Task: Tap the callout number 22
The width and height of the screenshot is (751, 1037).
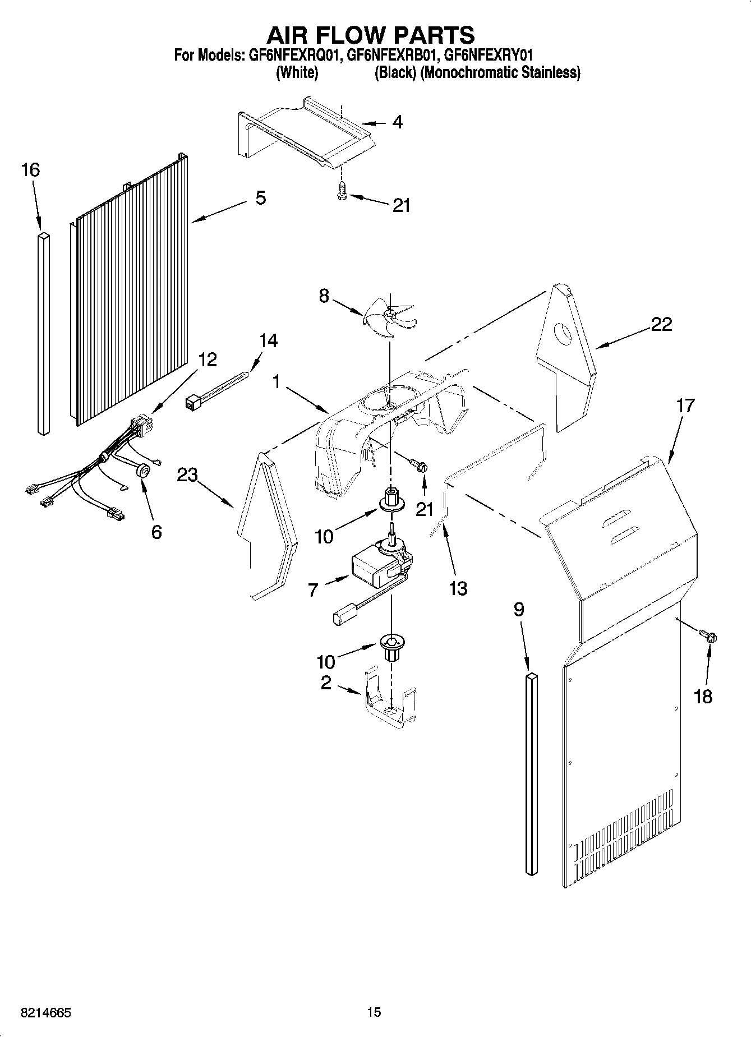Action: coord(661,324)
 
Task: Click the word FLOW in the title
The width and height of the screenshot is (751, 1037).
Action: coord(370,35)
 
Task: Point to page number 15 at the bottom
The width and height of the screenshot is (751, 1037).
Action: coord(374,1012)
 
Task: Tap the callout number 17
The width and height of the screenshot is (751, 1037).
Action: coord(685,405)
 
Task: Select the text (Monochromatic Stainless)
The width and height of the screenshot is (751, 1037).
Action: coord(500,72)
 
